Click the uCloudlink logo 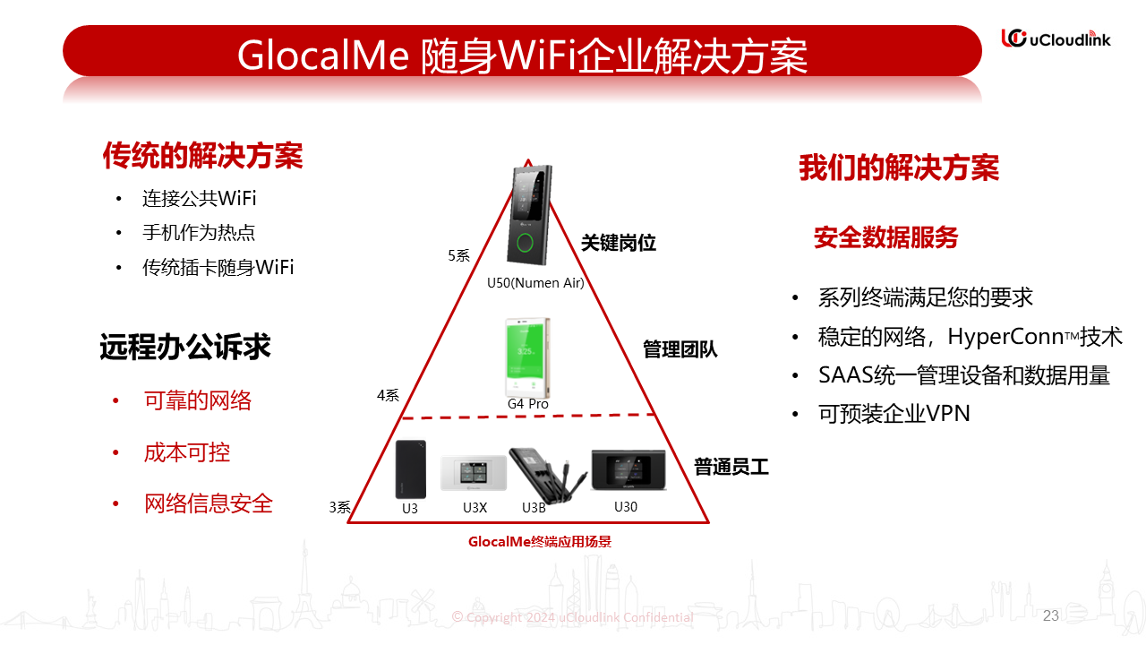[1056, 39]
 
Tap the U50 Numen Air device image [529, 215]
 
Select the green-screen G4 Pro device [527, 357]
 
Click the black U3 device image [410, 469]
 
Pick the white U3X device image [474, 473]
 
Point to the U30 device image [629, 470]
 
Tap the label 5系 [459, 255]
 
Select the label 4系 [388, 395]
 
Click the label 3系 [339, 507]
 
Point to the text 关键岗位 [618, 243]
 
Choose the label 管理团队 [680, 349]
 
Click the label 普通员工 [731, 467]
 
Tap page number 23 [1051, 615]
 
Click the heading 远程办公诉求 [184, 347]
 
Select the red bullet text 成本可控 [187, 452]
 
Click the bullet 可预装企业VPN [894, 414]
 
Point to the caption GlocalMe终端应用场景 [540, 542]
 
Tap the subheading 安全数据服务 [885, 237]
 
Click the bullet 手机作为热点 [199, 232]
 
